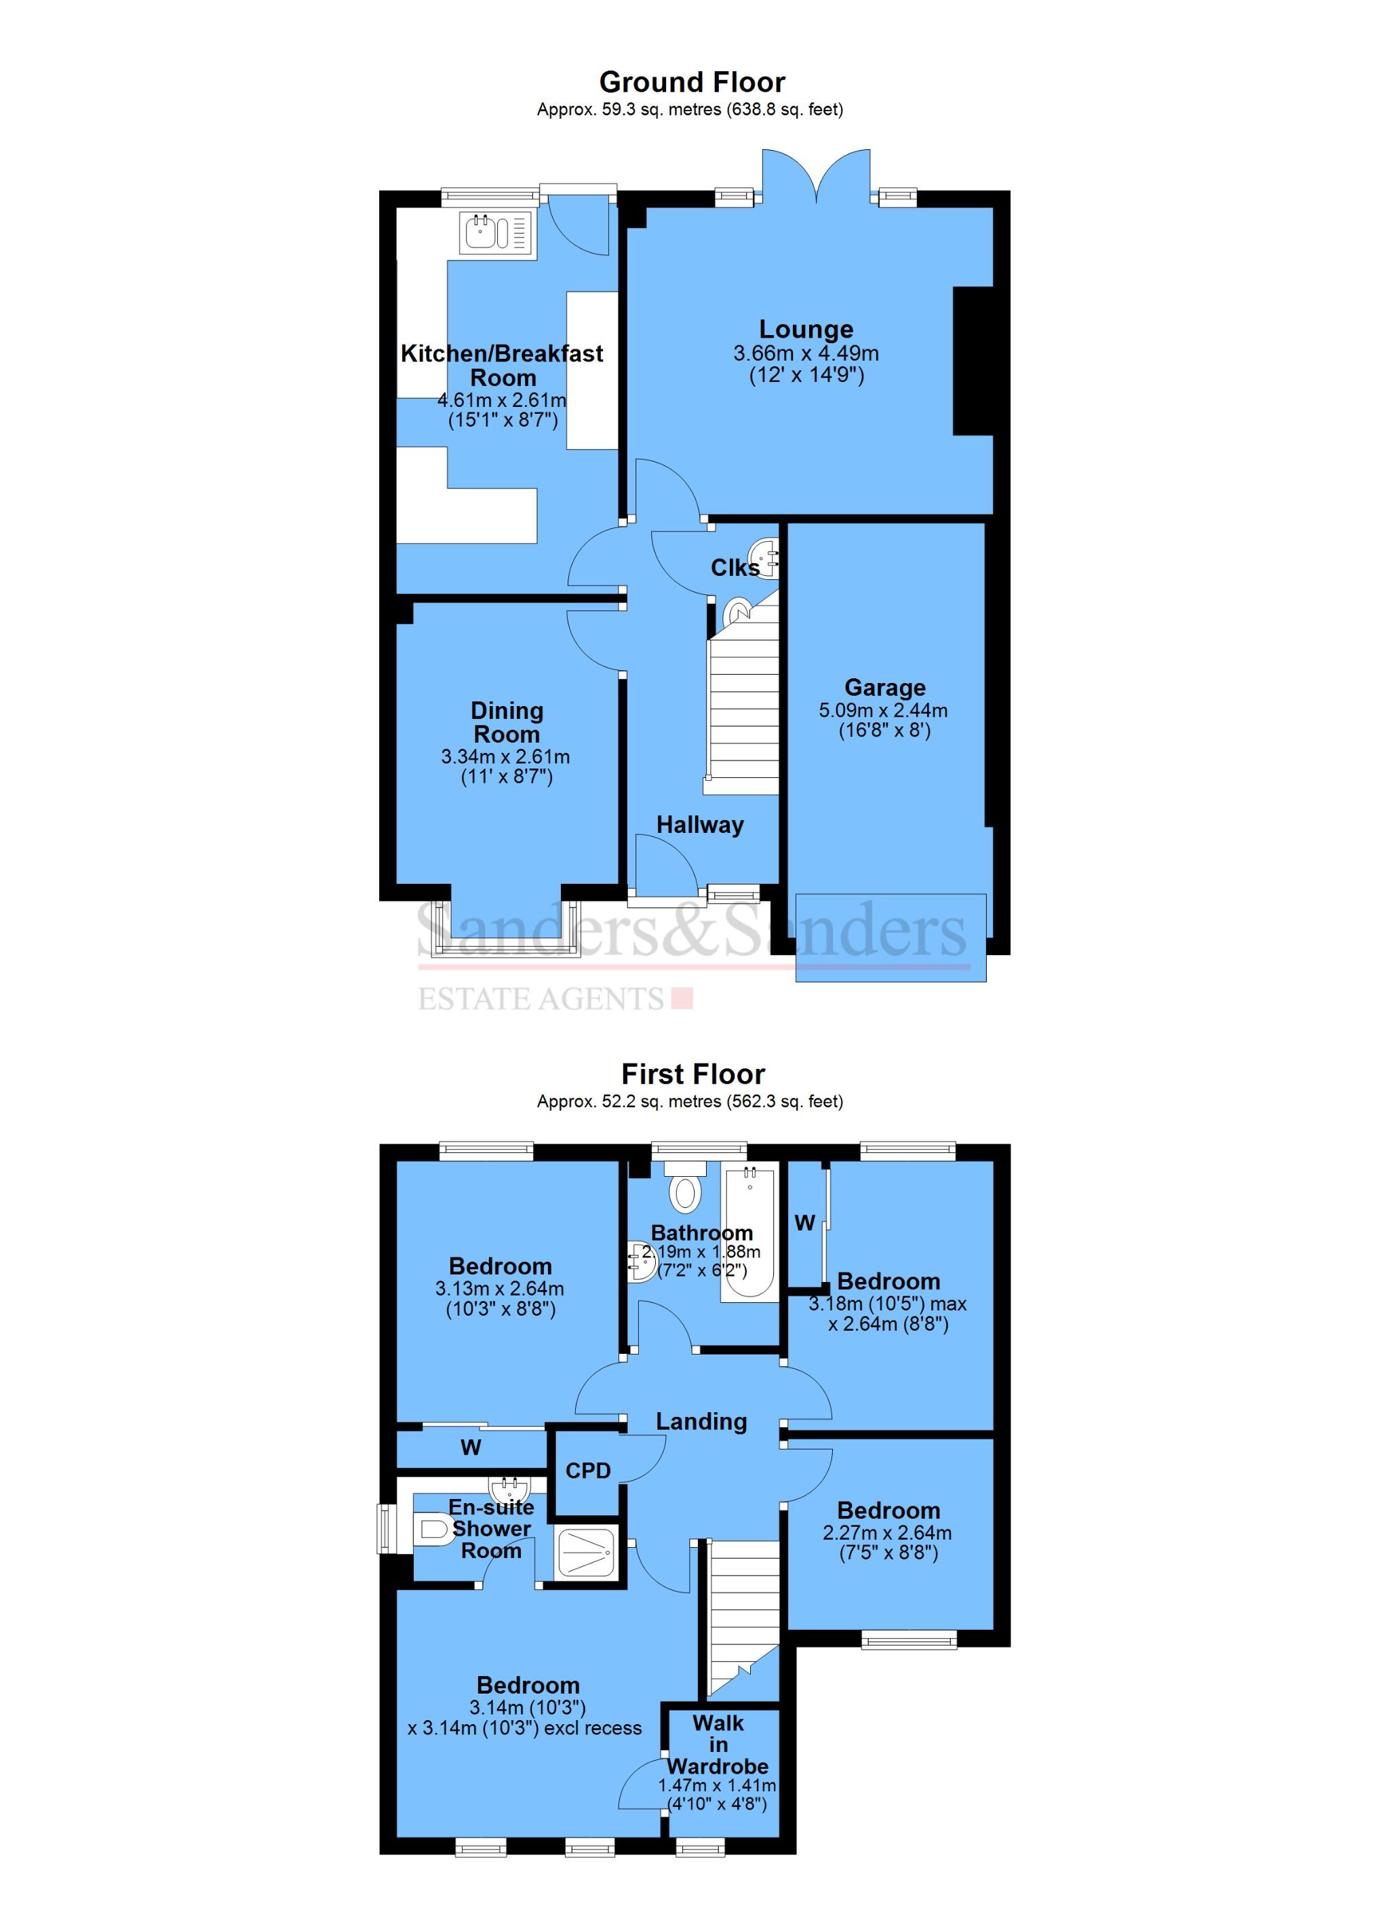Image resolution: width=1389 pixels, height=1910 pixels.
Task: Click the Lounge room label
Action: click(806, 329)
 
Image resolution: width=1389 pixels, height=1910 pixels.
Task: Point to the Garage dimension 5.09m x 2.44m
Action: click(883, 710)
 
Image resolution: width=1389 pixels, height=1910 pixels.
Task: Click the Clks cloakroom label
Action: click(735, 568)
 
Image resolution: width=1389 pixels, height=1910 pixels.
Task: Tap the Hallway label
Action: click(700, 825)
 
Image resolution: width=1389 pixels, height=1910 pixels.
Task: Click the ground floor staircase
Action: click(741, 712)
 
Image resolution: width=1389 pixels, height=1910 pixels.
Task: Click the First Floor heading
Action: click(692, 1074)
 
